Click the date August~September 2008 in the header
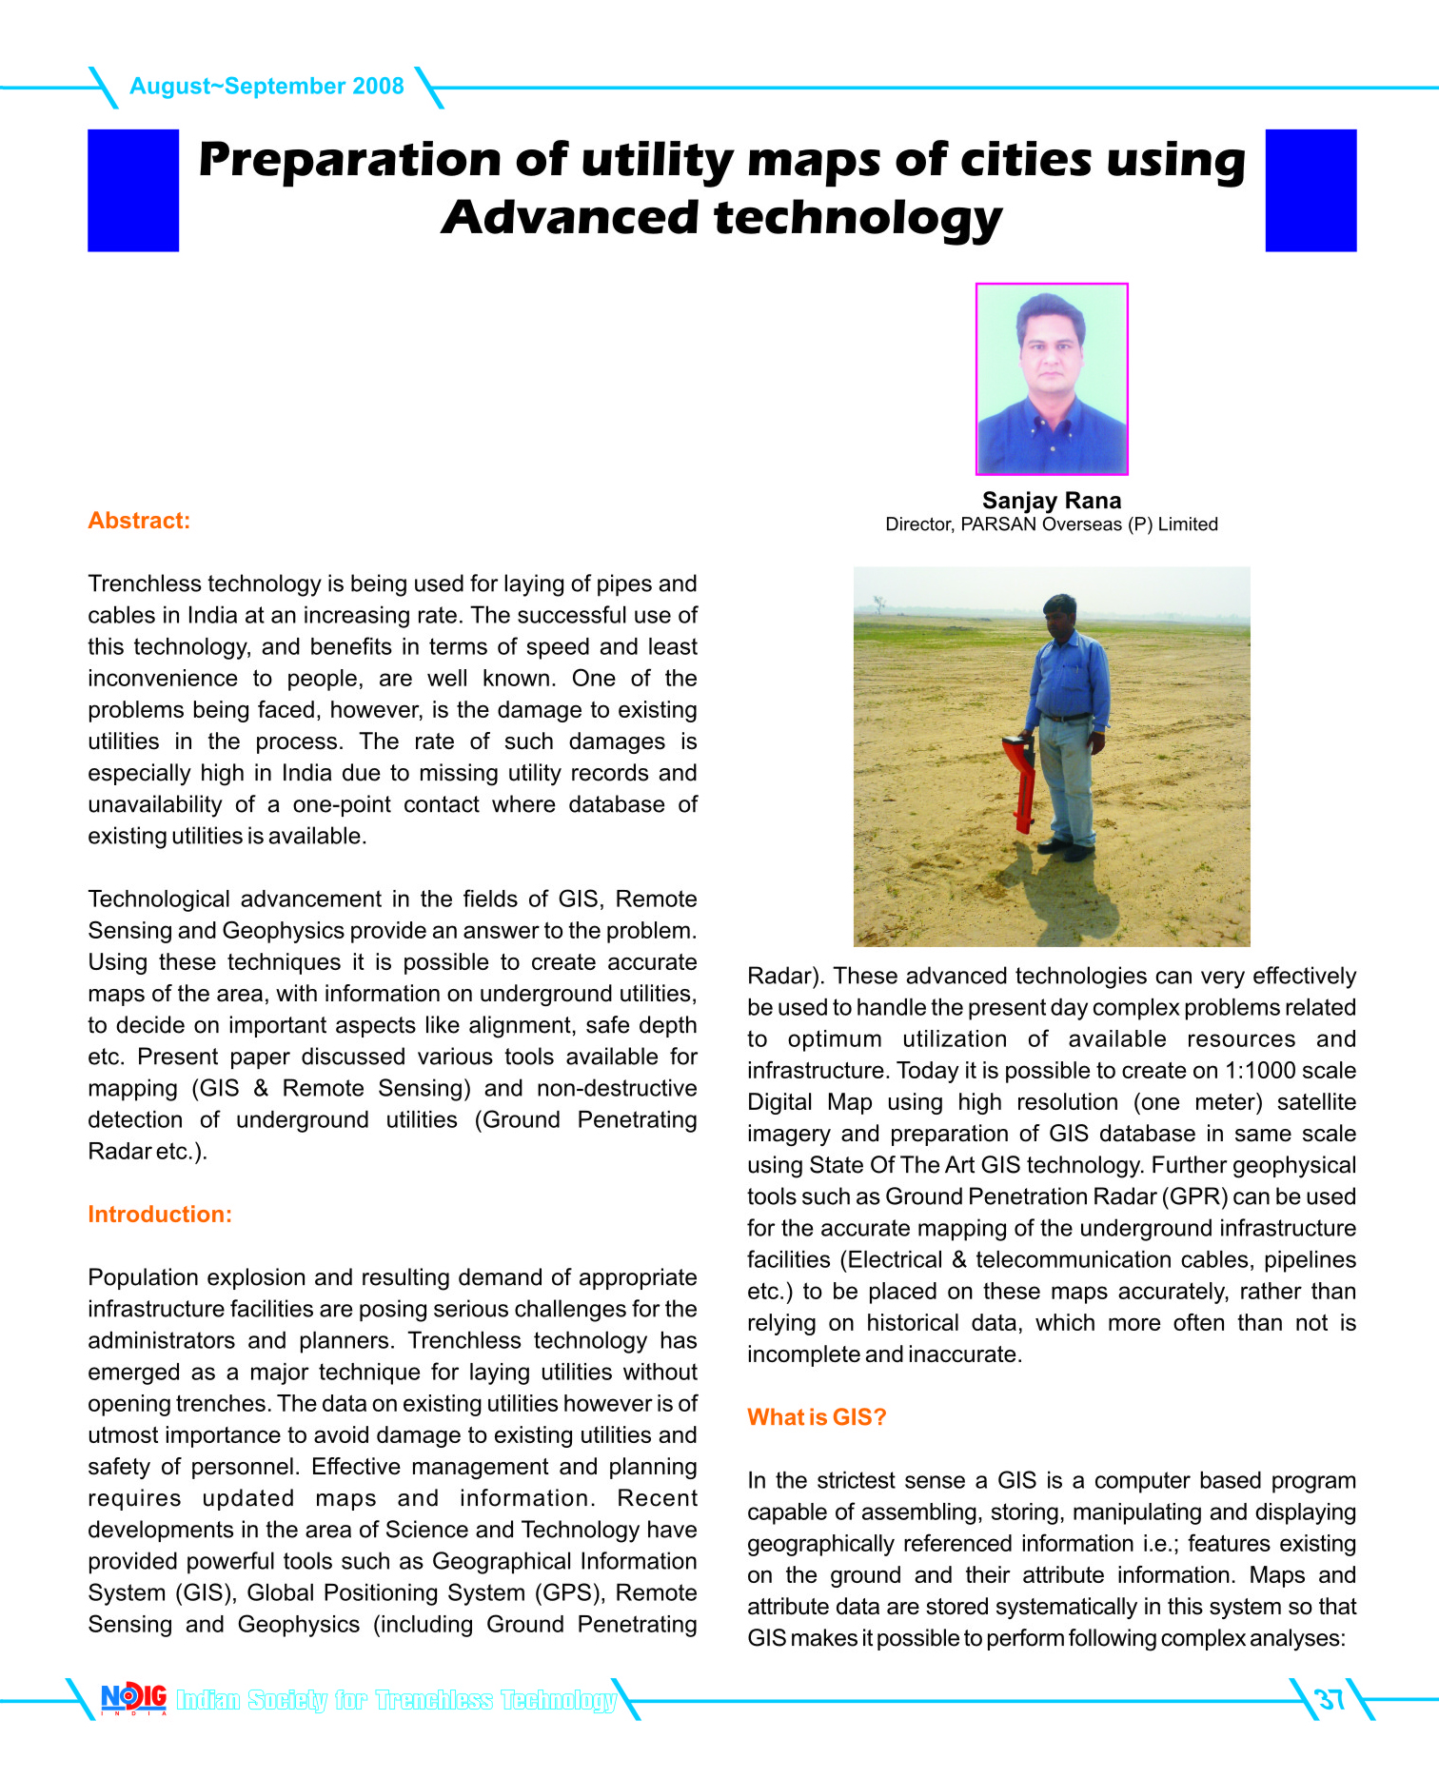tap(266, 87)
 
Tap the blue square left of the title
tap(133, 190)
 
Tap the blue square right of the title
tap(1311, 190)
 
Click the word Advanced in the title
tap(570, 218)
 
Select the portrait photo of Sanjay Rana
tap(1052, 379)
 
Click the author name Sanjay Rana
tap(1052, 501)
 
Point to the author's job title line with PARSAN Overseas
tap(1052, 524)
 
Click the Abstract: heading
tap(139, 521)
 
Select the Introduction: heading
tap(160, 1215)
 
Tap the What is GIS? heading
tap(817, 1417)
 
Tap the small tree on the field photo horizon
tap(877, 603)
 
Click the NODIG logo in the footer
tap(133, 1698)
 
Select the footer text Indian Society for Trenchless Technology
tap(396, 1700)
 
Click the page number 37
tap(1329, 1699)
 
